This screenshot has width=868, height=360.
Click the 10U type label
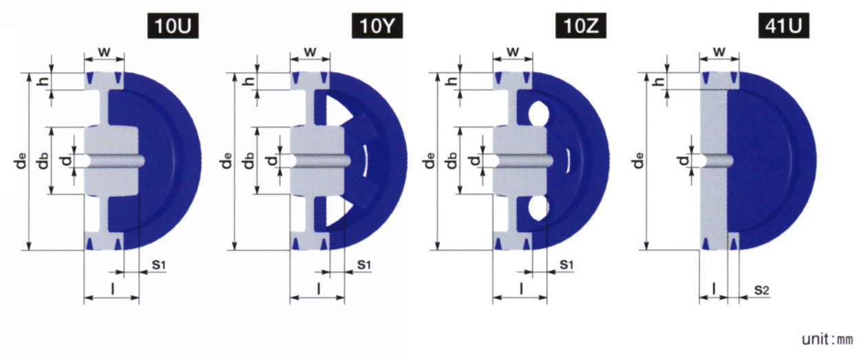click(173, 26)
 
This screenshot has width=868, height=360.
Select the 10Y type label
click(377, 26)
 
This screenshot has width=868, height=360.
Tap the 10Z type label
click(581, 26)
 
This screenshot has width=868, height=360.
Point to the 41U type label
click(783, 26)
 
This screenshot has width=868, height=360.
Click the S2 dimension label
click(761, 290)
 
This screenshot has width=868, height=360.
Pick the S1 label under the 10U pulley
click(158, 265)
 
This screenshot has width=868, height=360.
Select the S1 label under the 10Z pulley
click(566, 265)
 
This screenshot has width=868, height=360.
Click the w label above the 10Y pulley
click(310, 51)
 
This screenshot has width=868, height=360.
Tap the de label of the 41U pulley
click(639, 160)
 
